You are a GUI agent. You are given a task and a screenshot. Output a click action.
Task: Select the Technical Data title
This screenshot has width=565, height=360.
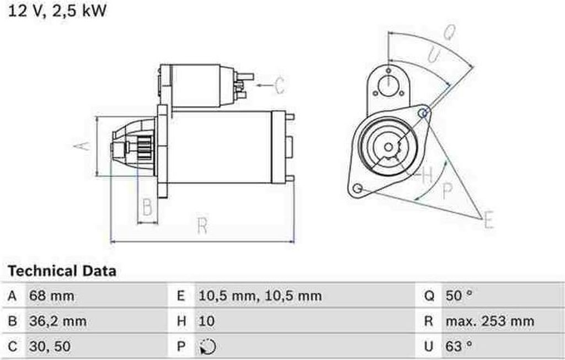click(62, 271)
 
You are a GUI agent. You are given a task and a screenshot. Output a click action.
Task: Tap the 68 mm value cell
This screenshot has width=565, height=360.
click(52, 297)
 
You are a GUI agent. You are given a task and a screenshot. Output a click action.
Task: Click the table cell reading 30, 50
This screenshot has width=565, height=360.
click(50, 347)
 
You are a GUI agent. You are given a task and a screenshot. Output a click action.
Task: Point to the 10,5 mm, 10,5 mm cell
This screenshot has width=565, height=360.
click(259, 297)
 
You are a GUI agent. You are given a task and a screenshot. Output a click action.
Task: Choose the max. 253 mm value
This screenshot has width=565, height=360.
click(489, 321)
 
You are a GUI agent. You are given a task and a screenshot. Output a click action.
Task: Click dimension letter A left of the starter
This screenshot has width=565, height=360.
click(82, 146)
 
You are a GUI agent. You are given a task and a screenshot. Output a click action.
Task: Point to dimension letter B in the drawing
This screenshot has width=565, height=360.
click(147, 207)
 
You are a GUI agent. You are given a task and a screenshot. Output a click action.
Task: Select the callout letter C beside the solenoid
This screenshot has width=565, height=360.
click(279, 85)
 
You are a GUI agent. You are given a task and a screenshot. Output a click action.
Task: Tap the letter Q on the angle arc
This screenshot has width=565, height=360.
click(449, 34)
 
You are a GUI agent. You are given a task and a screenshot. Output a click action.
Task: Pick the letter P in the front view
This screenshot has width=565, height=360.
click(447, 191)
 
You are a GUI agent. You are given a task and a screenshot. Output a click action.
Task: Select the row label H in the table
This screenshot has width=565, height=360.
click(180, 321)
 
